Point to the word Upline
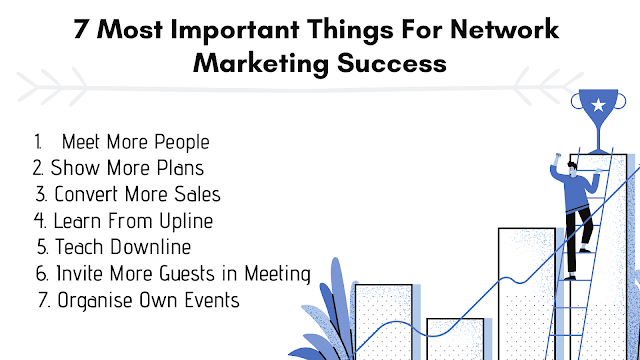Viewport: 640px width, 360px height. tap(206, 221)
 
